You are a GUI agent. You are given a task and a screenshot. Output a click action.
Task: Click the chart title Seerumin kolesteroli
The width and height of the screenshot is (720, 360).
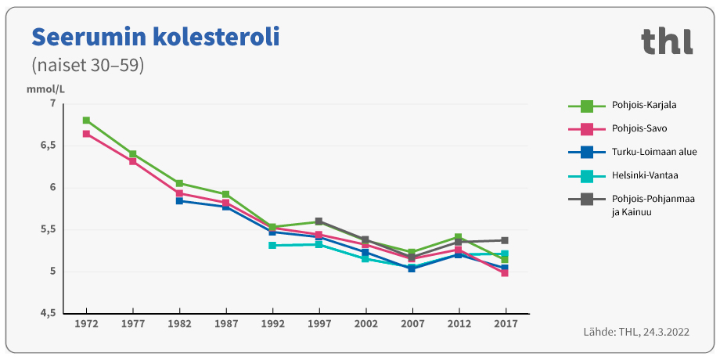[x=155, y=37]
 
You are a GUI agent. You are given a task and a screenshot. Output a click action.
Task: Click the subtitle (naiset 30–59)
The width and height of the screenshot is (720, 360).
[x=87, y=65]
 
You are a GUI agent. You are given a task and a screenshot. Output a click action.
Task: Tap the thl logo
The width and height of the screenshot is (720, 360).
[x=667, y=41]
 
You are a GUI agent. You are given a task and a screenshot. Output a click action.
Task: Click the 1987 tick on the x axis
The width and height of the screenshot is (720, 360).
[x=225, y=323]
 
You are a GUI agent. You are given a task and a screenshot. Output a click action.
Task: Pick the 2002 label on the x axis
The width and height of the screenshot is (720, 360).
[x=365, y=323]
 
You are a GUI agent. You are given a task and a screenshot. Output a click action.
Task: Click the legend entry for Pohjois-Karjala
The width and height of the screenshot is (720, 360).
[x=644, y=105]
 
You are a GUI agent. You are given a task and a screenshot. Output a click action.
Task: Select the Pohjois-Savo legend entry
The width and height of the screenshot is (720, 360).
[x=639, y=128]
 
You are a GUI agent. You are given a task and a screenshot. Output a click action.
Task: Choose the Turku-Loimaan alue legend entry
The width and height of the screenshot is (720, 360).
[x=653, y=152]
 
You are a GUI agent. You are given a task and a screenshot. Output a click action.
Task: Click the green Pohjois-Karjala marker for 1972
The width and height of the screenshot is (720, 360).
[x=86, y=121]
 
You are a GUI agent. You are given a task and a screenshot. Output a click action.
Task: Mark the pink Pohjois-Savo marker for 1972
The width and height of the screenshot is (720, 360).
[x=86, y=134]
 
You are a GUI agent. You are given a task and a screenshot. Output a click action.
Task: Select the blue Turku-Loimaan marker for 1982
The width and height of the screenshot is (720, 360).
[x=179, y=201]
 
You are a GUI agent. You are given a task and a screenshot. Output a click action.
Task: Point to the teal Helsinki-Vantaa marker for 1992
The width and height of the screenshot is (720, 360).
[x=272, y=246]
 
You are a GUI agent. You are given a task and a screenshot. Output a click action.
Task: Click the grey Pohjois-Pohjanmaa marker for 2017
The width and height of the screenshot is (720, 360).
[x=505, y=240]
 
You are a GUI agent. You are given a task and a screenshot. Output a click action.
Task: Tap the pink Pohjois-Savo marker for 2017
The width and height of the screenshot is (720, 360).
[x=505, y=273]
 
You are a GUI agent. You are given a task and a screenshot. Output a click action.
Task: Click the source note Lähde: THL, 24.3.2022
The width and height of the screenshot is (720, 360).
[x=635, y=333]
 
